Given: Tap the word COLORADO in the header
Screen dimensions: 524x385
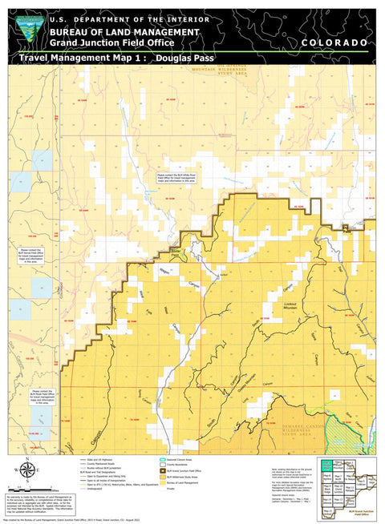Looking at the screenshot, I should tap(335, 42).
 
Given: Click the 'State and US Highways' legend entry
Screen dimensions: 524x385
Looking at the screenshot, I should tap(96, 459).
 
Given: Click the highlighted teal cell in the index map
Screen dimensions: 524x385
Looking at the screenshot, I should tap(326, 463).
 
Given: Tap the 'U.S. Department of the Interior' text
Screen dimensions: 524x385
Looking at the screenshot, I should tap(129, 19).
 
